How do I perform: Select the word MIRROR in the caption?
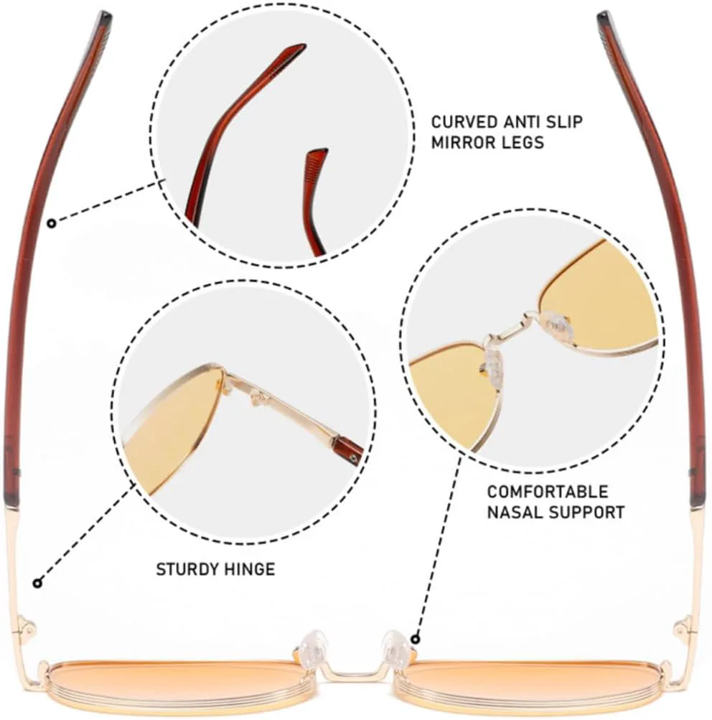(464, 142)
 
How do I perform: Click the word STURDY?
(187, 569)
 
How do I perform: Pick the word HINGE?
(250, 569)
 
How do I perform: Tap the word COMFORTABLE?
(547, 492)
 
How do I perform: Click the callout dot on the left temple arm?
(52, 224)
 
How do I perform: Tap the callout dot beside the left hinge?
(37, 584)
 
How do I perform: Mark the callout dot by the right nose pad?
(415, 639)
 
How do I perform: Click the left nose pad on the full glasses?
(313, 645)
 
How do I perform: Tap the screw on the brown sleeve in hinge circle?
(352, 458)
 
